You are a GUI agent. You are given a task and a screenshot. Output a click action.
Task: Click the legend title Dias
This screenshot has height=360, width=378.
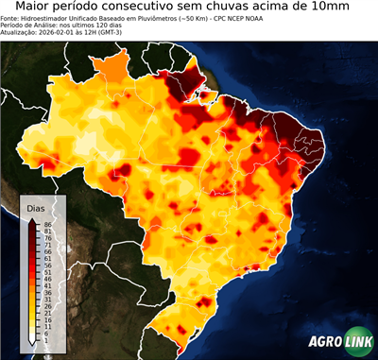click(x=36, y=207)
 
